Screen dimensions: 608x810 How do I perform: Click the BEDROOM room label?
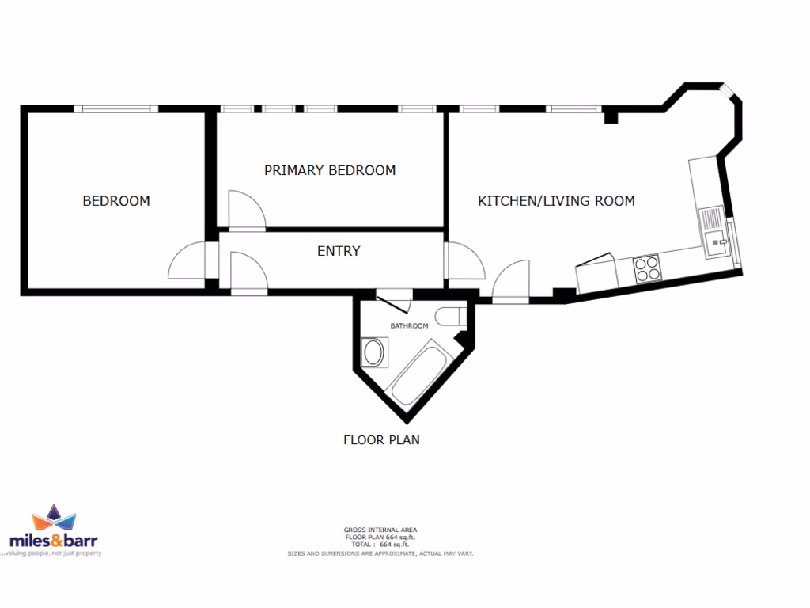[116, 201]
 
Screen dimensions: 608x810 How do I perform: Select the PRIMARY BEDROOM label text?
[330, 170]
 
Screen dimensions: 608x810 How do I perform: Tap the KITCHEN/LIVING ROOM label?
[556, 201]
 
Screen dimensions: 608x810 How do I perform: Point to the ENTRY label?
[339, 251]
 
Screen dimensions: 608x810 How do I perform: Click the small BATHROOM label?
[409, 325]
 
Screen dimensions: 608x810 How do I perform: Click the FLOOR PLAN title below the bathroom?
[381, 439]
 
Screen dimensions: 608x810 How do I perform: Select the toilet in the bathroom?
[449, 316]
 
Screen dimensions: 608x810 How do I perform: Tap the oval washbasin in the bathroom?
[373, 352]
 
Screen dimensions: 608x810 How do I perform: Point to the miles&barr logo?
[53, 533]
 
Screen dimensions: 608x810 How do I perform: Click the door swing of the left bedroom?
[186, 261]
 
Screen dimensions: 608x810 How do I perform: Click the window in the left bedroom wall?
[116, 109]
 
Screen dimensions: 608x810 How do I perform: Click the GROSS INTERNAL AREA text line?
[380, 530]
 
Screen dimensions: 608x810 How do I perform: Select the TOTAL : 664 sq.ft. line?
[380, 545]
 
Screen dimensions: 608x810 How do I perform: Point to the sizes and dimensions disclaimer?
[380, 553]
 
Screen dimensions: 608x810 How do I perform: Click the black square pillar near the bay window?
[611, 118]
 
